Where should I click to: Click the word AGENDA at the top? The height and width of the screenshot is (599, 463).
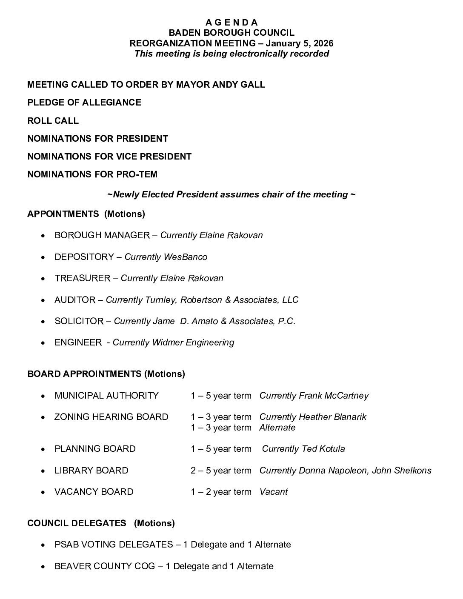tap(231, 23)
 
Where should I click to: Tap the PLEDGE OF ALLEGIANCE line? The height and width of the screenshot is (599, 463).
tap(84, 103)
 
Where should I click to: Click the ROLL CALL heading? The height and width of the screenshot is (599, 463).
tap(53, 121)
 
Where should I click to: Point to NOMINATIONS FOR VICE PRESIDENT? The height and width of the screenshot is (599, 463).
tap(109, 157)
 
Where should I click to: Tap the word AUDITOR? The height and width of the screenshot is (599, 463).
tap(75, 300)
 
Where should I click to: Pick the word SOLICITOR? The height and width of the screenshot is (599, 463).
tap(79, 321)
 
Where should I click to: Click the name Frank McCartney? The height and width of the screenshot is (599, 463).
tap(334, 396)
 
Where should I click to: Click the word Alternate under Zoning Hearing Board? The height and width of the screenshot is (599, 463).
tap(277, 428)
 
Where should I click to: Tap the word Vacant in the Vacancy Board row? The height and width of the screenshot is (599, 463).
tap(273, 492)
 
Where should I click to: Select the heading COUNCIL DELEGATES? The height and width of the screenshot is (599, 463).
tap(77, 523)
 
